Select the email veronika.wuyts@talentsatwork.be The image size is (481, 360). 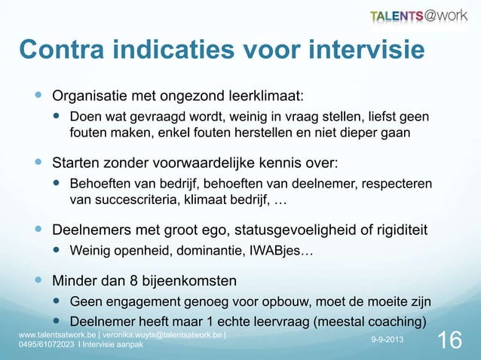[x=158, y=334]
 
